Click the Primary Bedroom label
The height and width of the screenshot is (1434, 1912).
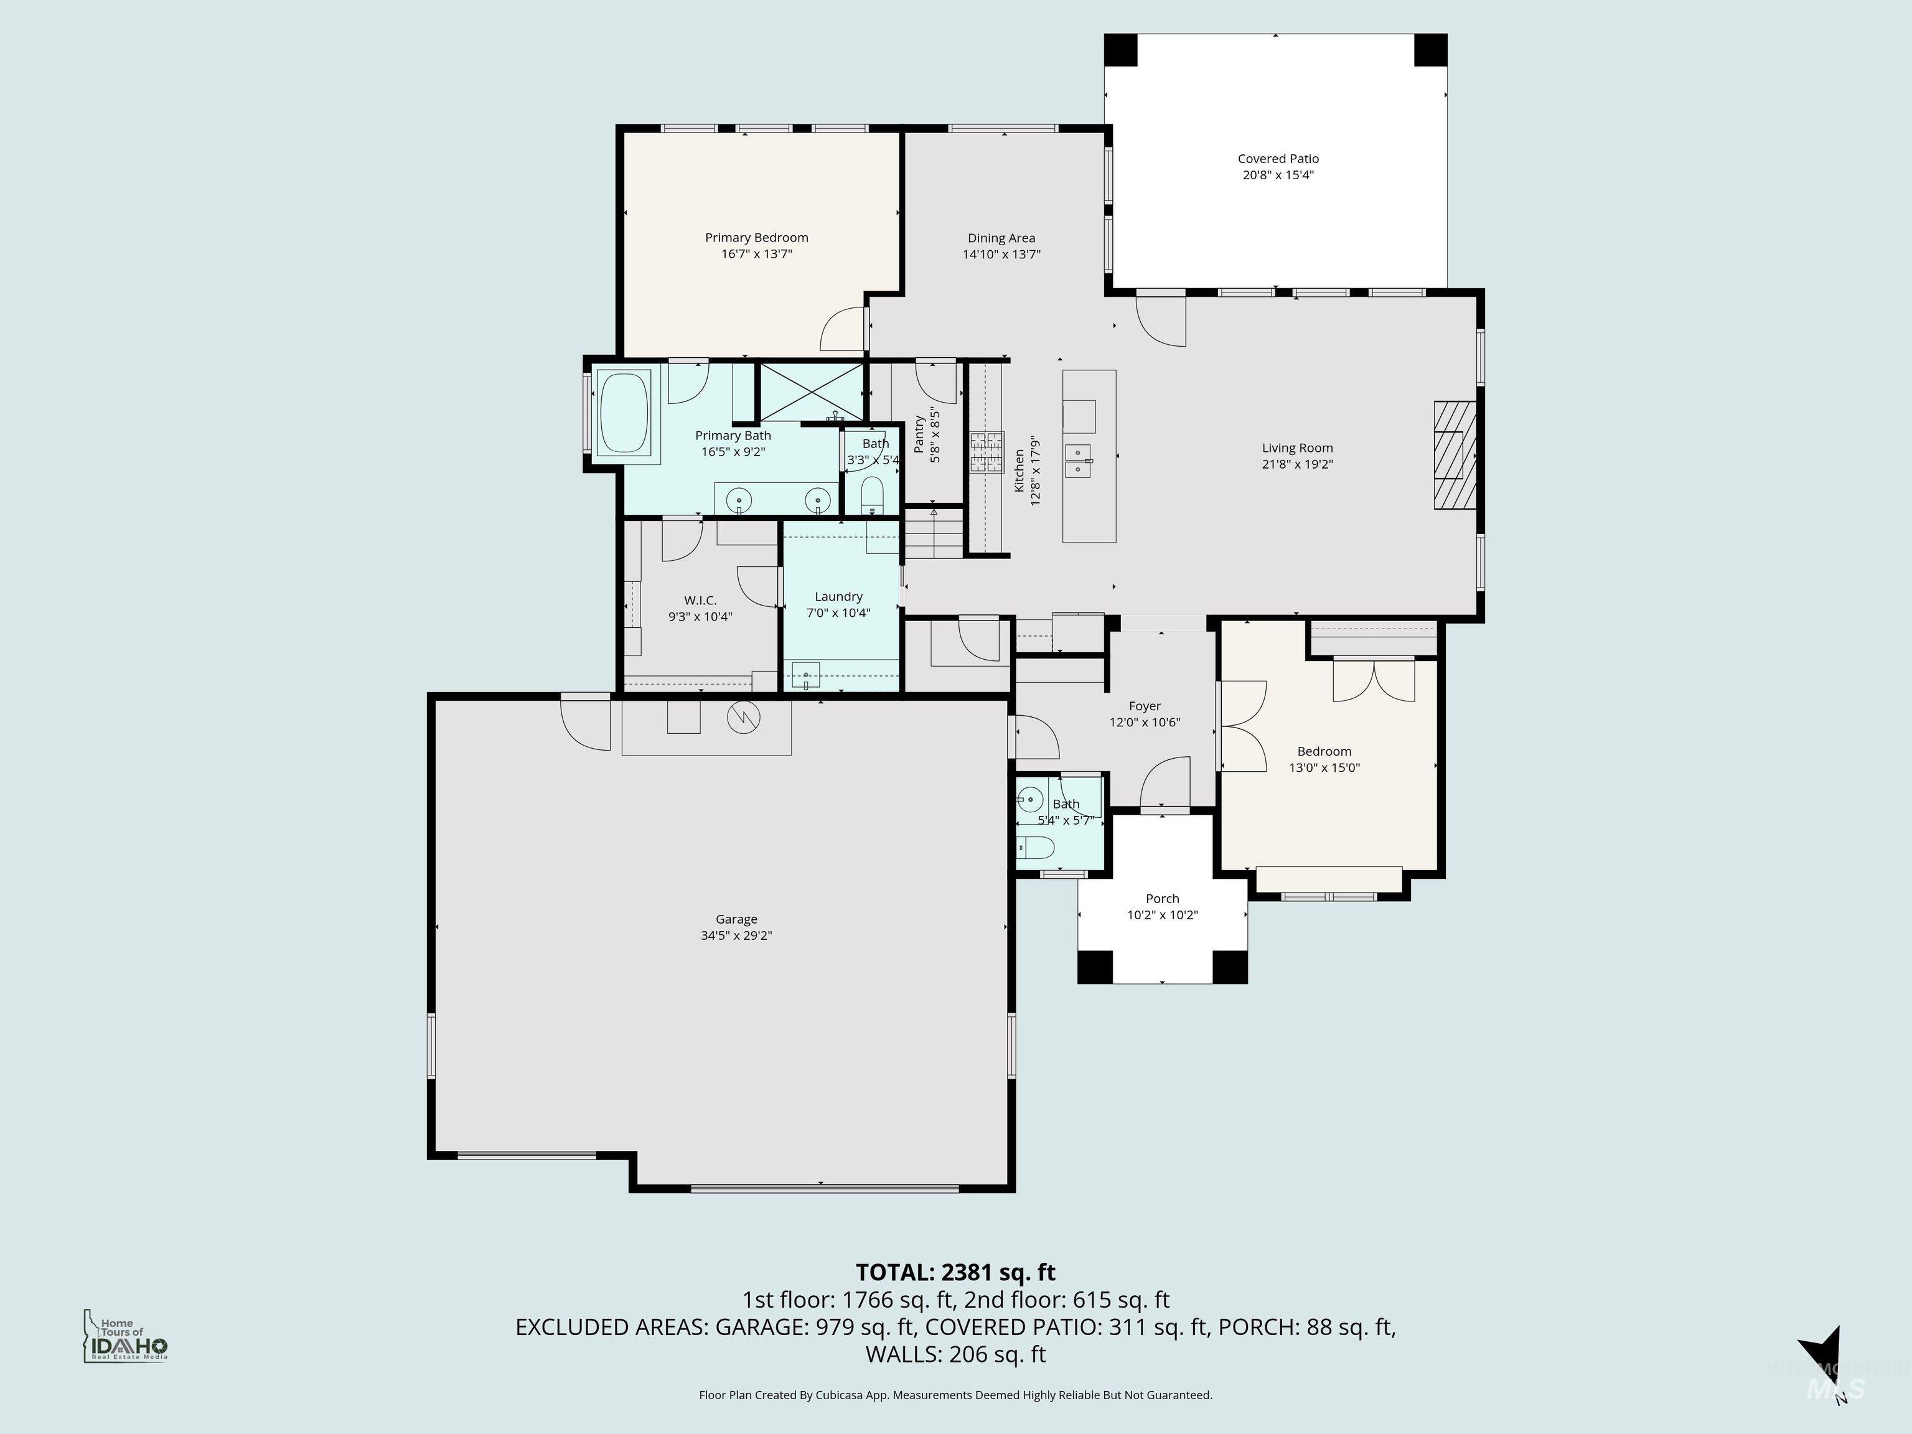[756, 238]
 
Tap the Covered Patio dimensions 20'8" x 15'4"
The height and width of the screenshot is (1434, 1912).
[1278, 175]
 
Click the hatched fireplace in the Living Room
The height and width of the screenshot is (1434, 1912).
[1455, 455]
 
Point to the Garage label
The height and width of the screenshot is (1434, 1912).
[736, 919]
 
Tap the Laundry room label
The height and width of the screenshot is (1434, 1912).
[838, 596]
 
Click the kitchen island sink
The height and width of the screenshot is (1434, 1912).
[1078, 461]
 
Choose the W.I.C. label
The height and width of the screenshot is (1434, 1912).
[700, 600]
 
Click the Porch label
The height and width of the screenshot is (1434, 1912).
[1162, 898]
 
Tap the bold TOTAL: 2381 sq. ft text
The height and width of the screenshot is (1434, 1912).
[955, 1272]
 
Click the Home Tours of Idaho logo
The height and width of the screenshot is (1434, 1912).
[125, 1337]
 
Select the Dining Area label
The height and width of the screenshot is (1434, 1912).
[1001, 238]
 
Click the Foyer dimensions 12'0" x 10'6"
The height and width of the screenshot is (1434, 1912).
[1145, 722]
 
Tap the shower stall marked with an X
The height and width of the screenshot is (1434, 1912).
[811, 393]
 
